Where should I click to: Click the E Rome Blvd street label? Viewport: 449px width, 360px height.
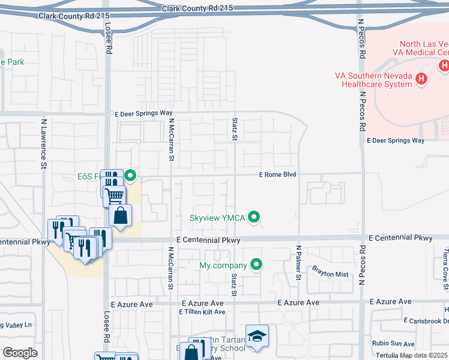pos(278,175)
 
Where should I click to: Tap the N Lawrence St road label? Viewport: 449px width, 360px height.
pos(43,143)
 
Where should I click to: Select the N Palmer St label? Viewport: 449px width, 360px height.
pos(298,262)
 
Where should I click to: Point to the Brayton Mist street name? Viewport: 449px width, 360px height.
pos(330,274)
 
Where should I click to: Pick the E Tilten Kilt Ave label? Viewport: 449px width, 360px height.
pos(202,312)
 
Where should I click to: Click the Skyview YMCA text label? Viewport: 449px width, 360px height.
pos(217,218)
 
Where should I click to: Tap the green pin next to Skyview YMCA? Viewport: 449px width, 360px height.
pos(255,217)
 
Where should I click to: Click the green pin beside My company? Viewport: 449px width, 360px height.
pos(256,265)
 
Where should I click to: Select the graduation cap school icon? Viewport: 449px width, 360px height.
pos(257,337)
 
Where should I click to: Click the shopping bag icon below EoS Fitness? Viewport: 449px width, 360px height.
pos(121,216)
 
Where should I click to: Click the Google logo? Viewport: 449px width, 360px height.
pos(20,353)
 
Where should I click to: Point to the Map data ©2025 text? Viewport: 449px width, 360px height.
pos(423,355)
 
